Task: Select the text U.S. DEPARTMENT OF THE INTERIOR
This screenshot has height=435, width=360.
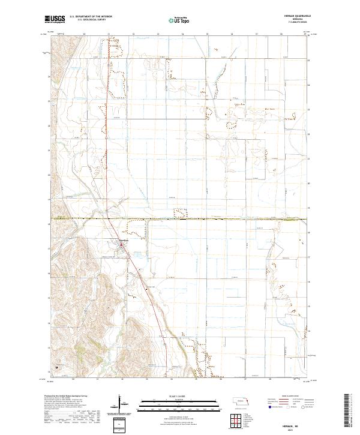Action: click(90, 17)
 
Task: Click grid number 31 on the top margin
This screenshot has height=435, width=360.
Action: click(108, 34)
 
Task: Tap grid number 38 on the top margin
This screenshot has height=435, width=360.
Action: click(281, 34)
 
